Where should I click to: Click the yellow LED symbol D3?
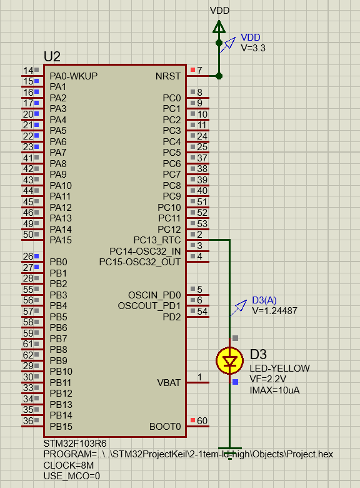coord(230,360)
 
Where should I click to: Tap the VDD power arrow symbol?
coord(219,27)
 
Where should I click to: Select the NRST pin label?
coord(168,76)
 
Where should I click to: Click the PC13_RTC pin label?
coord(157,240)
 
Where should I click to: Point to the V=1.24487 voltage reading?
coord(274,311)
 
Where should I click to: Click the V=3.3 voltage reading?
coord(253,48)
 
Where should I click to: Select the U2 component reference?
coord(52,57)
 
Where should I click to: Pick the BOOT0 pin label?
coord(165,427)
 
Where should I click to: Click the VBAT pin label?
coord(169,382)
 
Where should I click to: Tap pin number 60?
coord(202,421)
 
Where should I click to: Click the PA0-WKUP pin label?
coord(74,76)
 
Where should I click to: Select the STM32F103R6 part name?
coord(75,443)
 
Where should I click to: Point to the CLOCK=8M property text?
coord(69,465)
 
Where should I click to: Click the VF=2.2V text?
coord(268,379)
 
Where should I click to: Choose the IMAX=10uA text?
coord(274,390)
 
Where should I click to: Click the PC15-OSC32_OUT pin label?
coord(140,262)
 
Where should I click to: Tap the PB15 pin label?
coord(61,427)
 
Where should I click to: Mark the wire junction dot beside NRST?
coord(219,76)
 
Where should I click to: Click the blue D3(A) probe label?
coord(264,300)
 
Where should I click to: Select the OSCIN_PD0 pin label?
coord(154,295)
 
